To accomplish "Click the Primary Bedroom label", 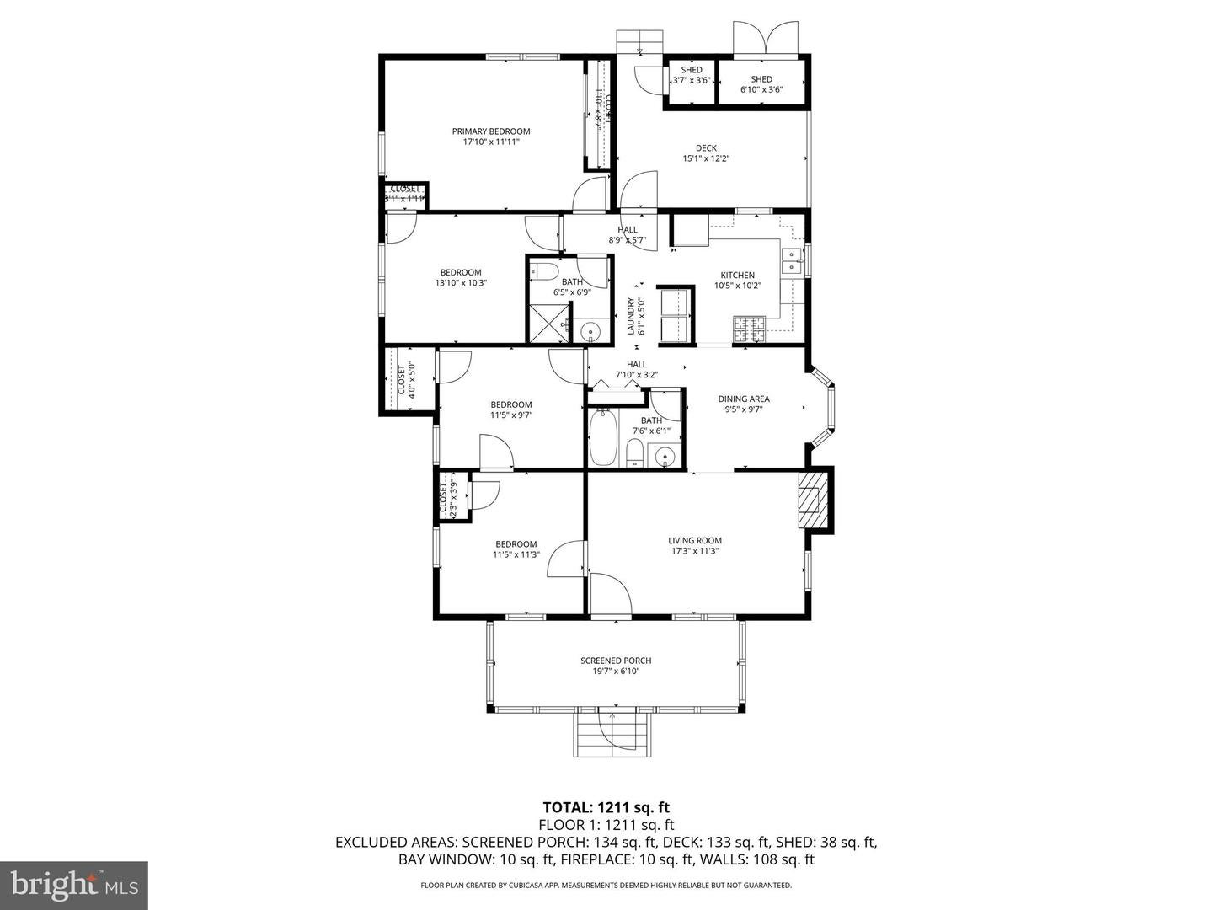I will [491, 131].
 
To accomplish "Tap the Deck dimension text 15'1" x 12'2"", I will [706, 158].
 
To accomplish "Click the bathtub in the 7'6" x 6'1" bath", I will [603, 436].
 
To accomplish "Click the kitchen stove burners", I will [748, 329].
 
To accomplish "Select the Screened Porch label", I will [616, 661].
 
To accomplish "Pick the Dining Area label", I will [743, 399].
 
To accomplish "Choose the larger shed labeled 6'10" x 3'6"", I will [761, 84].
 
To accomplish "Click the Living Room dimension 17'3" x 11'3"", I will [695, 552].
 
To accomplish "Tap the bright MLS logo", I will [74, 885].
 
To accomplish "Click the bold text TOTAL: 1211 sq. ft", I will [606, 808].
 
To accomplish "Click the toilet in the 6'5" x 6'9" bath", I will [544, 271].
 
